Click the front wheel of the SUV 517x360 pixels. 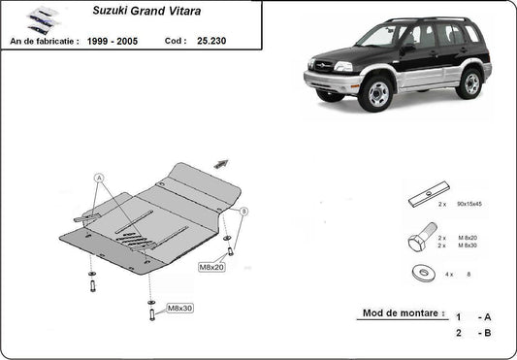pos(374,94)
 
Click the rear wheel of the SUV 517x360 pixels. pos(471,83)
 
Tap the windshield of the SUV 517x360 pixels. pos(378,36)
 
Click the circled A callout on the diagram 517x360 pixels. pos(98,179)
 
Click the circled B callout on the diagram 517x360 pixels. pos(244,211)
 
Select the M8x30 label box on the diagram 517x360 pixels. pos(179,309)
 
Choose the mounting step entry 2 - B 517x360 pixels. pos(472,332)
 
